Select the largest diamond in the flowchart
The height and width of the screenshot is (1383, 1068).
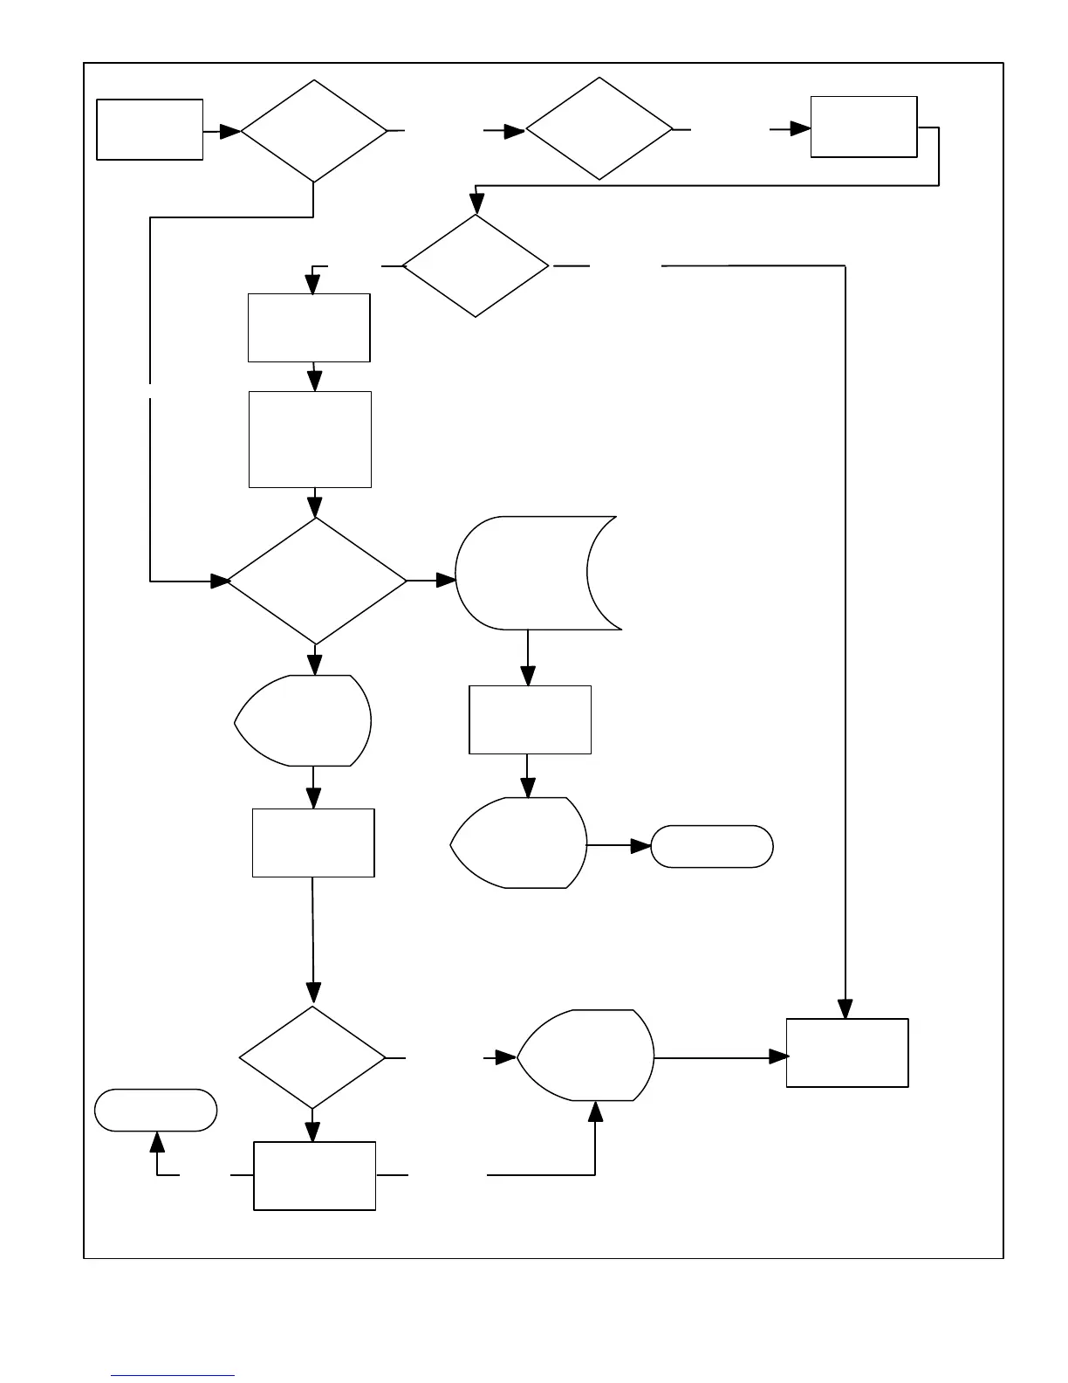(x=316, y=581)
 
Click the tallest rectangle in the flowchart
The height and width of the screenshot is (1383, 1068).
(x=310, y=439)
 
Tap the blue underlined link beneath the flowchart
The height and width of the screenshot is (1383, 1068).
(x=173, y=1375)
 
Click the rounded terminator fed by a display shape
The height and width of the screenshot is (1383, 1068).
(x=712, y=846)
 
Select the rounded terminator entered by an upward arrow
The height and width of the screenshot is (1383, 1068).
(x=155, y=1110)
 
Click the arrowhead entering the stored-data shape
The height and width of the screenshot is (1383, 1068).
(x=446, y=580)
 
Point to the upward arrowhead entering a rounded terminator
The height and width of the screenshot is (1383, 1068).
(x=157, y=1141)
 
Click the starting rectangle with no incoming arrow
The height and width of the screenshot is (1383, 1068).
(x=149, y=129)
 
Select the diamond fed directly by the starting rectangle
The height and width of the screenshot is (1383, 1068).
(x=313, y=131)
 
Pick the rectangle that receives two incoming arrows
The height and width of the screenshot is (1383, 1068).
(x=847, y=1052)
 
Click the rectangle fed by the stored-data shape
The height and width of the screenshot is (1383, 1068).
(x=530, y=719)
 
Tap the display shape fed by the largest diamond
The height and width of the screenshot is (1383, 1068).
(x=305, y=720)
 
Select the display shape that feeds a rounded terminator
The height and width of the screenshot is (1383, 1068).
(x=520, y=843)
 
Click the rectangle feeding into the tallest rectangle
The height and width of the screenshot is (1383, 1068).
(x=309, y=327)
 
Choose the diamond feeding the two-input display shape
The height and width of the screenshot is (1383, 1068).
(x=311, y=1057)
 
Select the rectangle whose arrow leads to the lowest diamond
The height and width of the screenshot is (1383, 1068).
(x=313, y=843)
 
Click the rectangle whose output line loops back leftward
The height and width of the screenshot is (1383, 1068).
(x=864, y=127)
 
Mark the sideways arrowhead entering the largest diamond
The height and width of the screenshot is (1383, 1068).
(x=218, y=581)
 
